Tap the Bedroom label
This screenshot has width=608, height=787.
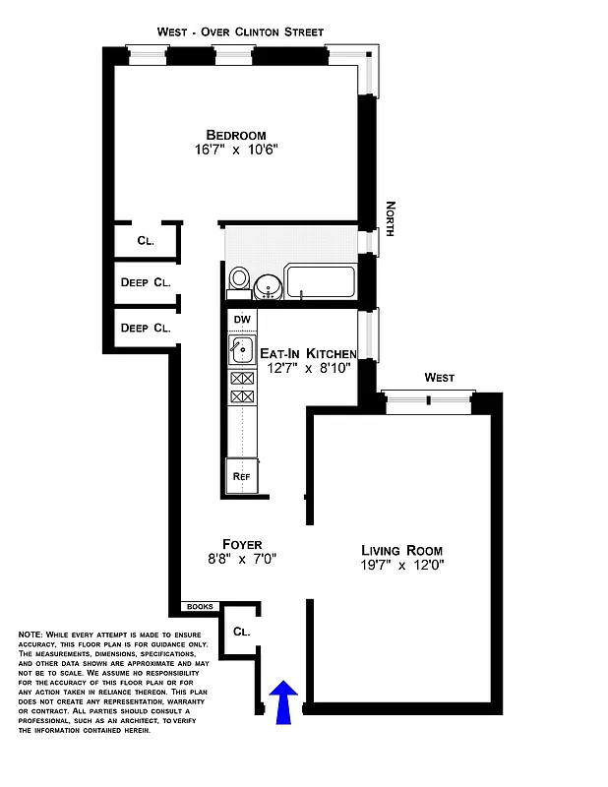click(236, 135)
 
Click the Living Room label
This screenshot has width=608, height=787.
click(401, 550)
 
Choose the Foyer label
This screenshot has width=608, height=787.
click(242, 543)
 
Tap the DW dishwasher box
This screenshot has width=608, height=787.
click(241, 320)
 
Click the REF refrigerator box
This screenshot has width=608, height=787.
click(241, 477)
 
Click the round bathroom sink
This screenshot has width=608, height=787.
click(268, 286)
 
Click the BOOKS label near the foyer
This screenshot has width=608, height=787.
click(200, 607)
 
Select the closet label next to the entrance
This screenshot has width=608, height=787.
click(240, 631)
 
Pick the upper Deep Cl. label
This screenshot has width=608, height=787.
click(146, 282)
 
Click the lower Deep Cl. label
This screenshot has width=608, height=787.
click(146, 328)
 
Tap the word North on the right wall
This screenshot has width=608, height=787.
click(391, 218)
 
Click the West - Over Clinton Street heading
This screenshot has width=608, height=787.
click(240, 32)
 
